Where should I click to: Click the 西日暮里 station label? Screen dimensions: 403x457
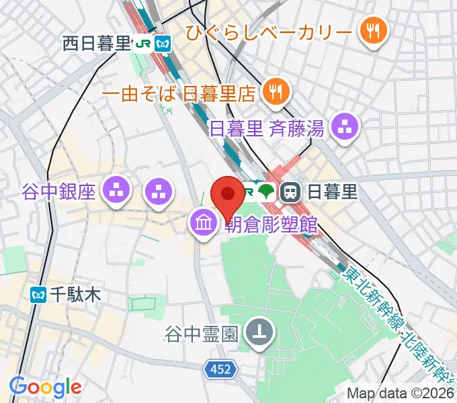pos(96,44)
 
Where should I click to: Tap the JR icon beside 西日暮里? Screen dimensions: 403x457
pos(142,44)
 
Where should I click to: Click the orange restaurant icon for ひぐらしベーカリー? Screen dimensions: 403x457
pos(370,30)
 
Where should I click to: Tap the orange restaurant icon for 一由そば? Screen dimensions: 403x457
pos(276,91)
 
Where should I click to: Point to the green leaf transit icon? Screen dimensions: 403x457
pos(267,192)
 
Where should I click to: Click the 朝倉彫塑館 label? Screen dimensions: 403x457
pos(270,224)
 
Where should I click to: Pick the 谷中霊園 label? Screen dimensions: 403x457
pos(202,332)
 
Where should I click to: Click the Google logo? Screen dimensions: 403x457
pos(45,387)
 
